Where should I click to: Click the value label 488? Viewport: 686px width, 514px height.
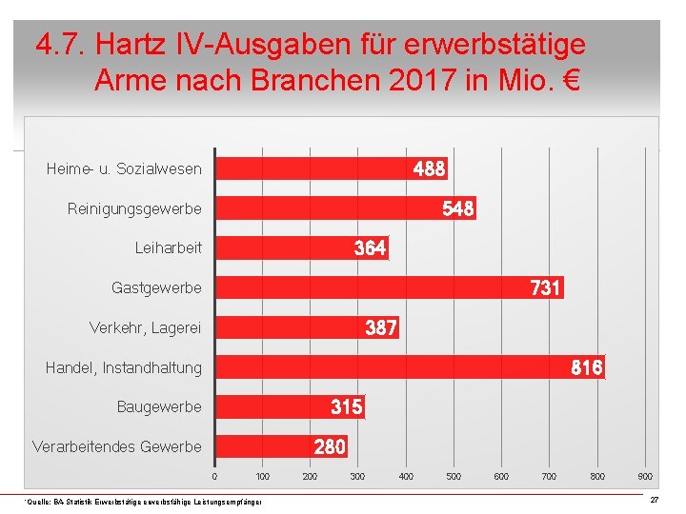tap(429, 168)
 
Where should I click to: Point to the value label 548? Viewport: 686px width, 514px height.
tap(457, 208)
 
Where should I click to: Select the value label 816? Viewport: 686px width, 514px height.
tap(586, 366)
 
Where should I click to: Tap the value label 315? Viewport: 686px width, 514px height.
tap(346, 406)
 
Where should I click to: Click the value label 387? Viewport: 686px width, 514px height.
tap(381, 327)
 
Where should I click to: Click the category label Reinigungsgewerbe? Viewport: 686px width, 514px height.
tap(134, 208)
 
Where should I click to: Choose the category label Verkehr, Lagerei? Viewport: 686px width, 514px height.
tap(145, 327)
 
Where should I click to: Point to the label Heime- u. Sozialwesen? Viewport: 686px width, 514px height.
tap(124, 168)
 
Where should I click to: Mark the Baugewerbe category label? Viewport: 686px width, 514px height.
tap(159, 406)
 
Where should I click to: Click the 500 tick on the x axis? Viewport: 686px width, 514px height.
tap(454, 476)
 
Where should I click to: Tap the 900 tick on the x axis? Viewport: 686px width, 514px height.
tap(645, 476)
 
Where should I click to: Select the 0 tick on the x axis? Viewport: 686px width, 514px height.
tap(214, 476)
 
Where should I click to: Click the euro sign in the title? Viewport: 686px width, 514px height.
tap(572, 80)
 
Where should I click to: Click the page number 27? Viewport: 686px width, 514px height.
tap(654, 500)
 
